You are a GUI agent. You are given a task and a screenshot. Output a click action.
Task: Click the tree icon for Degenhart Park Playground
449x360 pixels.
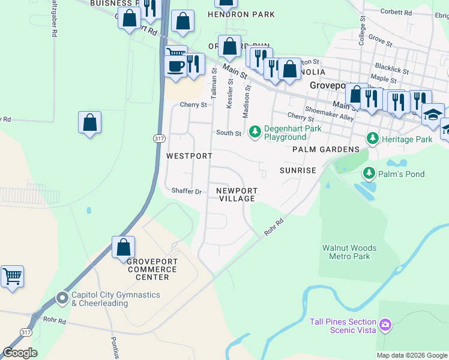[x=255, y=131]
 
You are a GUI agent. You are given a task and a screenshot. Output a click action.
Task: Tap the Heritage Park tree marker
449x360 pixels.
[x=373, y=139]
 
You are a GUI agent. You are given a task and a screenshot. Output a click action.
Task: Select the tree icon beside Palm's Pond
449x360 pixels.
[x=369, y=174]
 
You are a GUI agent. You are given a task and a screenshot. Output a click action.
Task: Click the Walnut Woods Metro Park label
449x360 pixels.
[x=349, y=252]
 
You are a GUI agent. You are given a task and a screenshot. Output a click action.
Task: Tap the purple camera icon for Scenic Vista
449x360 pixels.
[x=385, y=326]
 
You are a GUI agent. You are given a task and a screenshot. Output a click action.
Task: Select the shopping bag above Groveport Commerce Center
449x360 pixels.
[x=123, y=247]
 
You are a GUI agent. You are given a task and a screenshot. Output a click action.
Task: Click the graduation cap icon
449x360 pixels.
[x=432, y=115]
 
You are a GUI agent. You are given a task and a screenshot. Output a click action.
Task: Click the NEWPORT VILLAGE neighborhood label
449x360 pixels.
[x=237, y=194]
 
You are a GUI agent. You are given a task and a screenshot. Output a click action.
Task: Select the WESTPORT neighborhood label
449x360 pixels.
[x=189, y=156]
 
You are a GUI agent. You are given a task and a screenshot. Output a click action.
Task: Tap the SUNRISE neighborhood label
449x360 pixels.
[x=298, y=170]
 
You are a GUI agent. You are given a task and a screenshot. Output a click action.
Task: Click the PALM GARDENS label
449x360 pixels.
[x=326, y=149]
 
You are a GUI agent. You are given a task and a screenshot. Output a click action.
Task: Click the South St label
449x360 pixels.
[x=228, y=133]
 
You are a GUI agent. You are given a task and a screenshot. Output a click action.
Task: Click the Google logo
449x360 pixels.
[x=20, y=353]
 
